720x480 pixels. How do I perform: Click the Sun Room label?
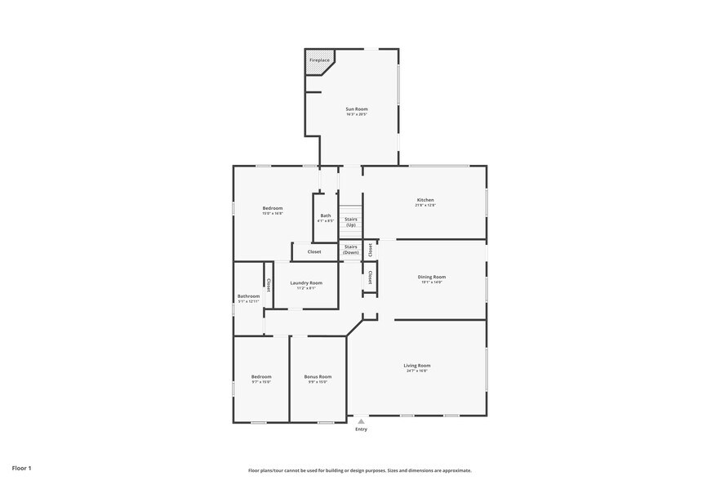[x=357, y=109]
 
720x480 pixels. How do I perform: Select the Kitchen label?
[x=425, y=200]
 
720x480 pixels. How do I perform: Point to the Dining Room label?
[x=432, y=277]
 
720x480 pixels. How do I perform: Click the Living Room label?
[x=416, y=365]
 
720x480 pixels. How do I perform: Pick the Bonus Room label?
[x=318, y=376]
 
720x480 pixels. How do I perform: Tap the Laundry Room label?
[x=306, y=282]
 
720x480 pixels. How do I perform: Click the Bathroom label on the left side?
[x=248, y=296]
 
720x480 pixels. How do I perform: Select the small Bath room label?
[x=326, y=216]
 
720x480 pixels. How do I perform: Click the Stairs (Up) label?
[x=351, y=221]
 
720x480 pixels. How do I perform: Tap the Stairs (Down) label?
[x=351, y=249]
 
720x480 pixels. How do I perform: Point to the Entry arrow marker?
[x=361, y=421]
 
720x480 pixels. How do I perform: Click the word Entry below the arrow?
[x=361, y=429]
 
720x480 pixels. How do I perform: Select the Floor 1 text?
[x=22, y=468]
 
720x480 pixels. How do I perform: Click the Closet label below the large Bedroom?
[x=314, y=251]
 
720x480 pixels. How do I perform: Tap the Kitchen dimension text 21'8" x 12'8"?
[x=425, y=206]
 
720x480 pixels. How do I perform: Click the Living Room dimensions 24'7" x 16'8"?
[x=416, y=371]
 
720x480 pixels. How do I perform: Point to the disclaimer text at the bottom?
[x=360, y=470]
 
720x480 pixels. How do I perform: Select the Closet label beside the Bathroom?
[x=268, y=285]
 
